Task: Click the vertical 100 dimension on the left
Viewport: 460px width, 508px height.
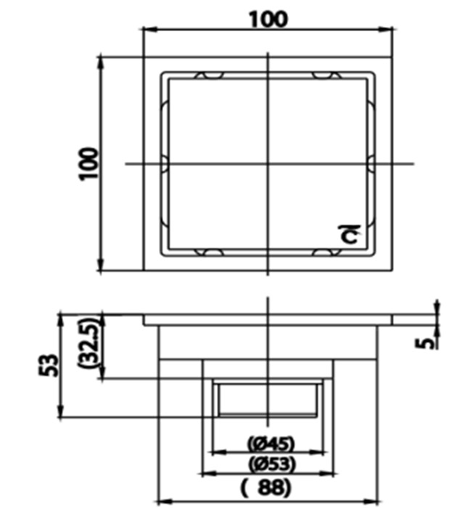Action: (x=88, y=164)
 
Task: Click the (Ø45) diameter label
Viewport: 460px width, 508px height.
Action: (x=267, y=441)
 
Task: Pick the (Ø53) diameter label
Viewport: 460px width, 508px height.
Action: (x=267, y=462)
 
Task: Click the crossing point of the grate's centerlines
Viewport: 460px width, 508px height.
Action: (x=268, y=164)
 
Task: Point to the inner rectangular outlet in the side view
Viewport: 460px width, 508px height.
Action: (x=268, y=398)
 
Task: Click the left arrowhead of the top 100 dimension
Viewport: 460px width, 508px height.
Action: (x=147, y=30)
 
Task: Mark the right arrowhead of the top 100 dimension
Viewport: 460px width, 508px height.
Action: (x=390, y=30)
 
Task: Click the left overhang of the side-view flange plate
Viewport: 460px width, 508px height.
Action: (x=150, y=319)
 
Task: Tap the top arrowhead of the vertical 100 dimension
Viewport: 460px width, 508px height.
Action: (x=99, y=60)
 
